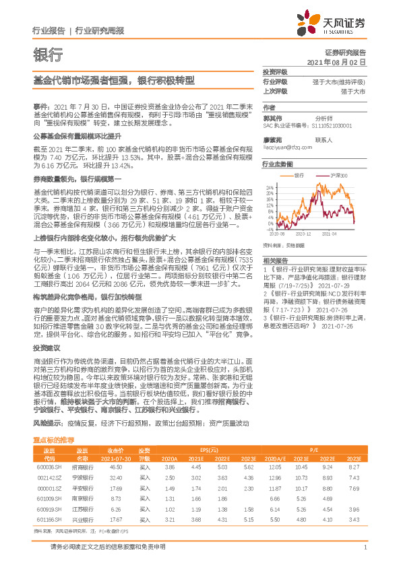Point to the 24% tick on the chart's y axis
(x=270, y=187)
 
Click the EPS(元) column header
(x=209, y=430)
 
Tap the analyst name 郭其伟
(x=273, y=117)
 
